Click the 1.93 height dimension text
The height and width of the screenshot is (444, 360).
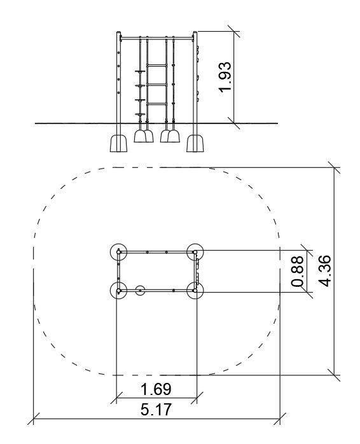point(225,76)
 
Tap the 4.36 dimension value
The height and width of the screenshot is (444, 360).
point(324,271)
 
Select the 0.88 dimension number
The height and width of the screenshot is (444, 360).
point(298,271)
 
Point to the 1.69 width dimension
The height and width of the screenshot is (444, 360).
point(156,389)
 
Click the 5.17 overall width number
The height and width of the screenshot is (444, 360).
point(156,410)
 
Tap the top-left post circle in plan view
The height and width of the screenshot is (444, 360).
point(118,251)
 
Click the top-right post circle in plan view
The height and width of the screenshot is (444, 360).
point(195,251)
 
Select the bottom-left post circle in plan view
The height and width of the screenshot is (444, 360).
point(118,290)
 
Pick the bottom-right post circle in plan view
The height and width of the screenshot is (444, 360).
point(195,290)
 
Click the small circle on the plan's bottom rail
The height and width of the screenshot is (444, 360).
point(140,290)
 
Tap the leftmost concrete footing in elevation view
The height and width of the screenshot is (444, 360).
point(118,143)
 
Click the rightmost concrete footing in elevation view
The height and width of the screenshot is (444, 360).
point(195,143)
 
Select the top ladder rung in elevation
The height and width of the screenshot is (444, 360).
point(156,66)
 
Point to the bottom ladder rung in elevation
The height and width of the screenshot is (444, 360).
point(156,104)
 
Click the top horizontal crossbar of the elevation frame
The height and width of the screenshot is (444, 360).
point(156,38)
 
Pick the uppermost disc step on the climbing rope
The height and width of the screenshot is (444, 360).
point(140,72)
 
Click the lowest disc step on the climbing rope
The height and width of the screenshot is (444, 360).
point(140,114)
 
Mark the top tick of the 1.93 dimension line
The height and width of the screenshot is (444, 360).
point(234,31)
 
